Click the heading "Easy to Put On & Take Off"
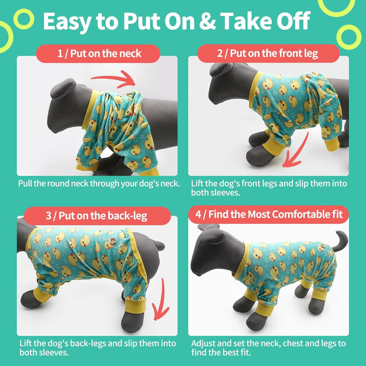tap(176, 21)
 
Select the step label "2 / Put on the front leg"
tap(268, 53)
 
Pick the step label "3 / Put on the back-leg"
tap(96, 216)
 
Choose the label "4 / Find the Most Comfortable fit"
tap(269, 214)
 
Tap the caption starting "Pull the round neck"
tap(99, 183)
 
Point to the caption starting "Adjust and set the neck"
tap(268, 348)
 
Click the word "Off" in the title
tap(292, 21)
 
